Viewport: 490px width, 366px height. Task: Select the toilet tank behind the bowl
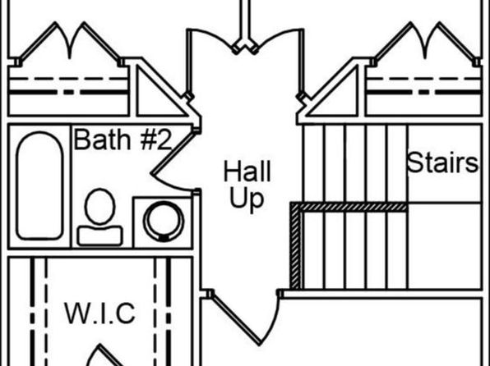pyautogui.click(x=99, y=236)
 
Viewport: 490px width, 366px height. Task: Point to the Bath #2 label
pyautogui.click(x=122, y=140)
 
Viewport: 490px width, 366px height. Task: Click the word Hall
pyautogui.click(x=247, y=171)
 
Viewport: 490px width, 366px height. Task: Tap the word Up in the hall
pyautogui.click(x=247, y=198)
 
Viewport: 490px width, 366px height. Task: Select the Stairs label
pyautogui.click(x=443, y=162)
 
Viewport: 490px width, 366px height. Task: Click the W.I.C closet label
pyautogui.click(x=99, y=313)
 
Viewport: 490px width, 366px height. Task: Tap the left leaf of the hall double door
pyautogui.click(x=189, y=63)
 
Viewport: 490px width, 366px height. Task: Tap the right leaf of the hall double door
pyautogui.click(x=301, y=62)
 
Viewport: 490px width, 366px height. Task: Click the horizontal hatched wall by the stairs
pyautogui.click(x=349, y=207)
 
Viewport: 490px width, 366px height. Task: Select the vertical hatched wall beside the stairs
pyautogui.click(x=295, y=246)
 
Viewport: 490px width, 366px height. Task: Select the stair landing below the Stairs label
pyautogui.click(x=445, y=246)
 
